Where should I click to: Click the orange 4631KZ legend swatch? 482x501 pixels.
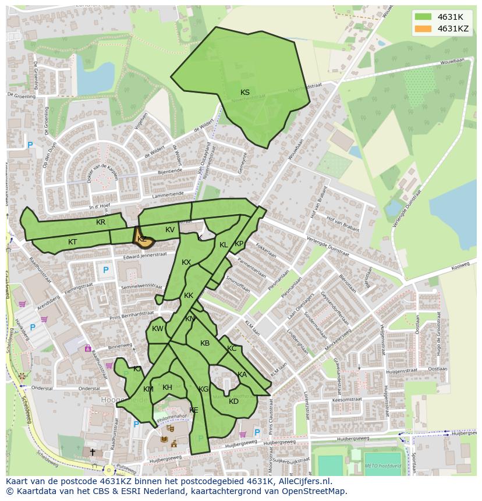[423, 29]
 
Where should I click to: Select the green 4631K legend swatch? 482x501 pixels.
[423, 17]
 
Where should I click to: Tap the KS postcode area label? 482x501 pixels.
[245, 93]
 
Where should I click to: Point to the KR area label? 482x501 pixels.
[101, 222]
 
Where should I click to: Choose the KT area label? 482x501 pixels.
[72, 242]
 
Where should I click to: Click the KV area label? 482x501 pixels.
[170, 230]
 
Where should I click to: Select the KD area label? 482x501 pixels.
[233, 401]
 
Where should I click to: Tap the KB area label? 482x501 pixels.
[205, 343]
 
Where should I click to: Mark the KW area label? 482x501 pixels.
[158, 329]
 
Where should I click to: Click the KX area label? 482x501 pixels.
[186, 262]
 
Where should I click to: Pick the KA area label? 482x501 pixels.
[242, 375]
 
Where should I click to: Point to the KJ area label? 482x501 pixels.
[137, 369]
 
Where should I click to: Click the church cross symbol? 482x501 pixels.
[92, 452]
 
